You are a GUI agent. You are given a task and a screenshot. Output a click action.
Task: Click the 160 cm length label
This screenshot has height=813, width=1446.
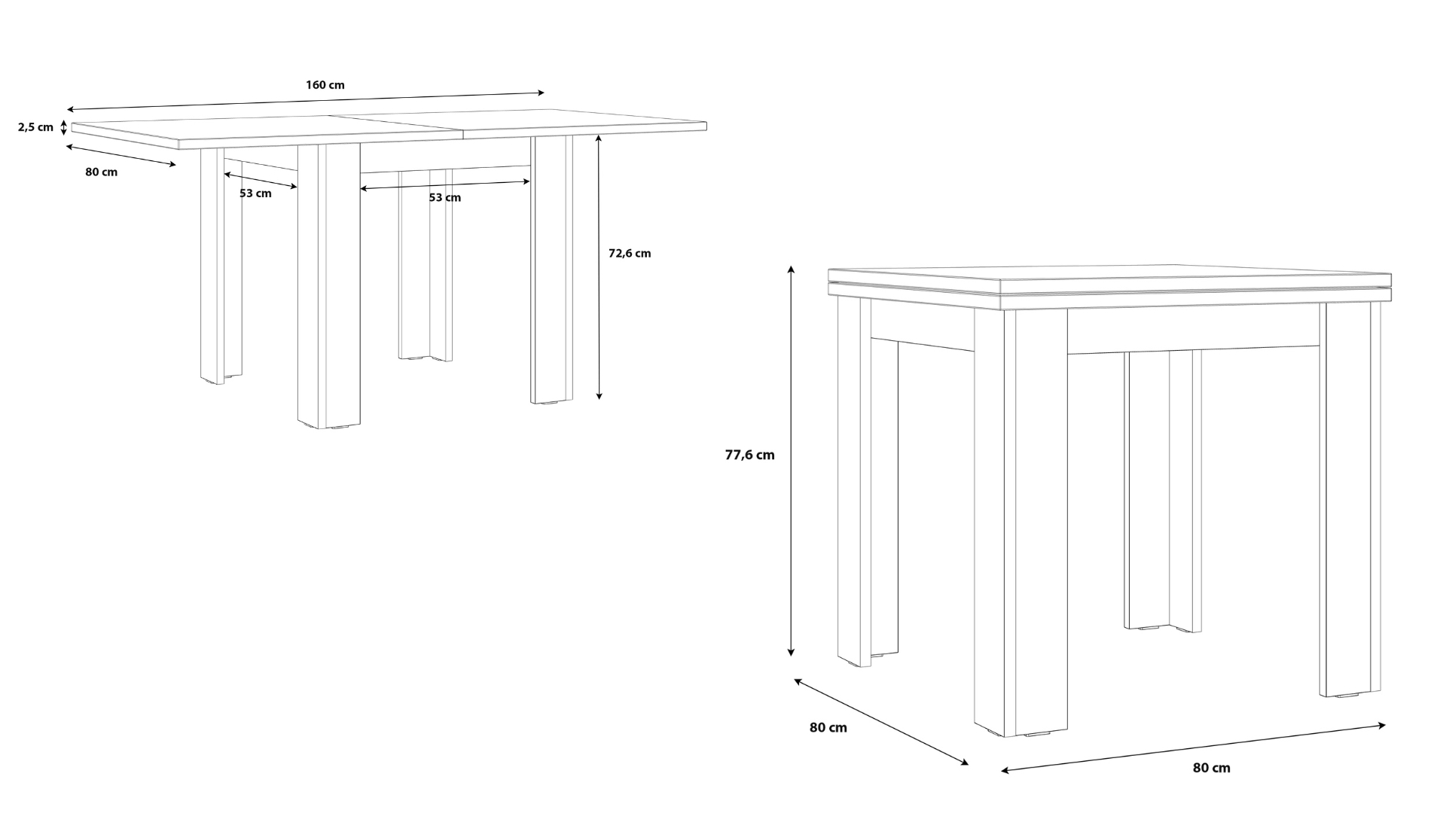[x=325, y=85]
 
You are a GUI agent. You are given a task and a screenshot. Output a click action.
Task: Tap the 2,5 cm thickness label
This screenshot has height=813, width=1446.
[x=36, y=127]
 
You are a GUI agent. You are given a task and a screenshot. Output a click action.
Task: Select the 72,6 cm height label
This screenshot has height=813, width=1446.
[x=630, y=254]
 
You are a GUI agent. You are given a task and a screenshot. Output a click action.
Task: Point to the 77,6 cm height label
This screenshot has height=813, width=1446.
[x=749, y=455]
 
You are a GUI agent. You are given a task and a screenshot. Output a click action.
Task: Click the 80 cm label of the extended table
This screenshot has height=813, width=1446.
[x=102, y=172]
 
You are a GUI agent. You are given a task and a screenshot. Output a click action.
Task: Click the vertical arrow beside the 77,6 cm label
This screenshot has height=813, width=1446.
[x=791, y=461]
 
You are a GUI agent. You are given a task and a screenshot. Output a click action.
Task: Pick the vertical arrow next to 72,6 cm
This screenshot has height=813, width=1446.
[x=599, y=267]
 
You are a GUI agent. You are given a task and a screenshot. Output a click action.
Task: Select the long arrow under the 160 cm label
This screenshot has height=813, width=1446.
[x=306, y=102]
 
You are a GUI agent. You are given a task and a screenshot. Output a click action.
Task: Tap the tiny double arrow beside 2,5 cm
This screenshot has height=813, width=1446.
[x=64, y=127]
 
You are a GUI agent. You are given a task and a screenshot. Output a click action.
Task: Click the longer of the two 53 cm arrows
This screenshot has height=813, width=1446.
[x=445, y=185]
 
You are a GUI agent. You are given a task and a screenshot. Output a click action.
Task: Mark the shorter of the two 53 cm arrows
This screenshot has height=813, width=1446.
[x=261, y=181]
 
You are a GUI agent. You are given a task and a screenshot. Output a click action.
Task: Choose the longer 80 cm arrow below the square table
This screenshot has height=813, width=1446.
[x=1193, y=748]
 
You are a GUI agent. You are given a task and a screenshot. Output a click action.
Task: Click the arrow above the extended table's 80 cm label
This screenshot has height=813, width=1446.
[x=121, y=155]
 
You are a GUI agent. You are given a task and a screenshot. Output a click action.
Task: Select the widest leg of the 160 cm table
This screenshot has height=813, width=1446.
[x=328, y=287]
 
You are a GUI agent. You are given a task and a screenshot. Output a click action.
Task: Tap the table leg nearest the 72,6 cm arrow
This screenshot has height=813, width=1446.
[x=551, y=269]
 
